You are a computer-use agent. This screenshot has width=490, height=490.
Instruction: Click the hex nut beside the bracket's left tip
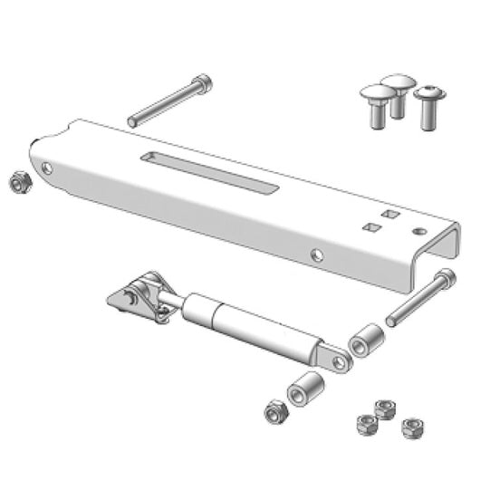click(20, 183)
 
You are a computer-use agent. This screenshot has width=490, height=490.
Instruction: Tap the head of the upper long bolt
click(203, 85)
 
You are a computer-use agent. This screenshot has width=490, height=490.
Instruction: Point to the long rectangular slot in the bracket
click(209, 172)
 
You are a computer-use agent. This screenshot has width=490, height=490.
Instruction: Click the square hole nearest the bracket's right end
click(390, 215)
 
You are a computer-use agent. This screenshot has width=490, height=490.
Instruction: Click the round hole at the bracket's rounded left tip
click(47, 168)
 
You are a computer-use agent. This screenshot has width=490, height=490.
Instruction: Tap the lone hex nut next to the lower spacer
click(275, 413)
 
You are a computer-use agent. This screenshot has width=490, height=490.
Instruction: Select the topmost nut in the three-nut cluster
click(382, 408)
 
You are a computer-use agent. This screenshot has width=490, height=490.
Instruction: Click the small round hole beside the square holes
click(419, 231)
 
